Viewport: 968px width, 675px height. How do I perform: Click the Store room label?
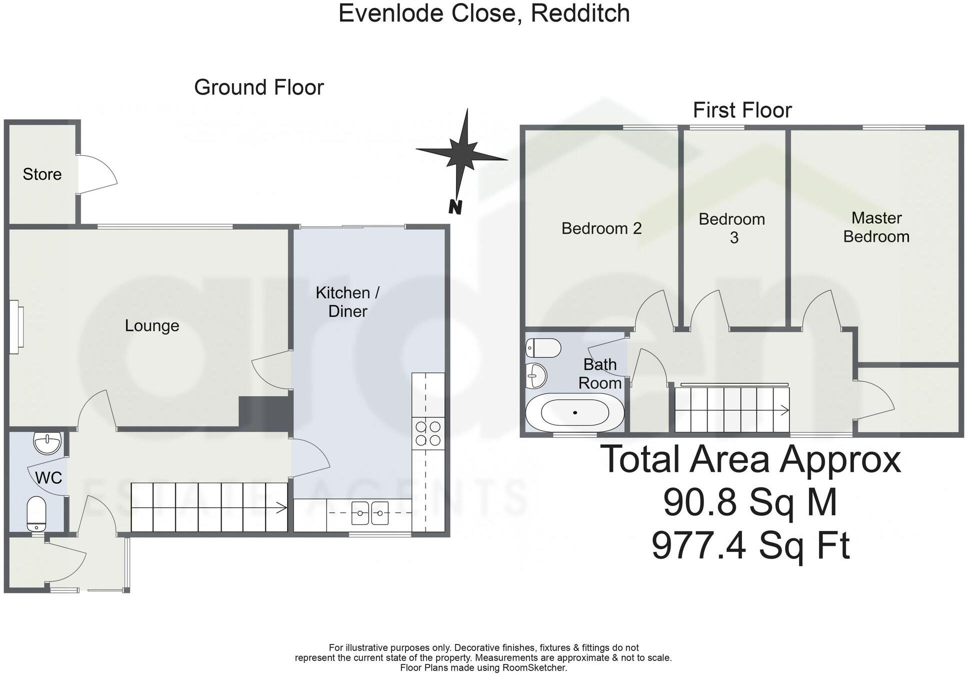point(42,174)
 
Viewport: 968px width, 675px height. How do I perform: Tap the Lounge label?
point(151,326)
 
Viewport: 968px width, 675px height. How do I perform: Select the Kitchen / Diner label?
point(347,302)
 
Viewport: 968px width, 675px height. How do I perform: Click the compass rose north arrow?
point(462,153)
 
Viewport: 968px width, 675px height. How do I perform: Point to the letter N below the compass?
point(454,207)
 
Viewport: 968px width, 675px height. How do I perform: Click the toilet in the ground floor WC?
point(36,514)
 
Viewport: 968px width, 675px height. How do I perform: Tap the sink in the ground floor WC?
point(47,443)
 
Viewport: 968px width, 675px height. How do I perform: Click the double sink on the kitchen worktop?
point(369,513)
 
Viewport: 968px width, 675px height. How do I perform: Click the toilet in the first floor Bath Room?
point(543,348)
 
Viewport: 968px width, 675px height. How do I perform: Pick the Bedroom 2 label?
point(601,228)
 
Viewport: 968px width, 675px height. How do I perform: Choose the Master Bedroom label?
point(876,227)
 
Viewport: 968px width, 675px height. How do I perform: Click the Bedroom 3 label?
point(732,228)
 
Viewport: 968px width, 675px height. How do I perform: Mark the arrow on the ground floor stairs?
point(280,508)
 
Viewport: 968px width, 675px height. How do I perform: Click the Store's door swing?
point(97,174)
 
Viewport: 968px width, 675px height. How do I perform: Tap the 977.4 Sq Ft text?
point(750,545)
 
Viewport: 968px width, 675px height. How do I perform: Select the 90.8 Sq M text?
point(750,502)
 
